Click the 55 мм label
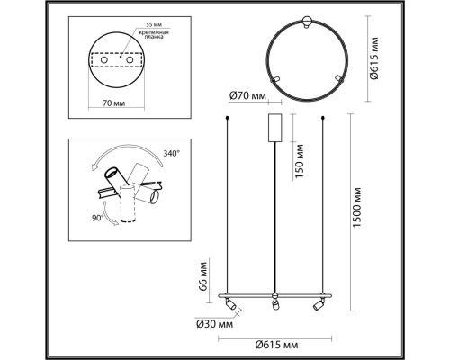click(154, 24)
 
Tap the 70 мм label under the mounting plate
click(114, 103)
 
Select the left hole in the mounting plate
click(104, 60)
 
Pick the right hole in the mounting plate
click(130, 60)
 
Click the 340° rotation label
click(172, 154)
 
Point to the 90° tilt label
click(98, 218)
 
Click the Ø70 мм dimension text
click(247, 96)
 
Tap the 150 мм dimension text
click(299, 161)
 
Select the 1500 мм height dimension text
click(356, 208)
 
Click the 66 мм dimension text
click(203, 275)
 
